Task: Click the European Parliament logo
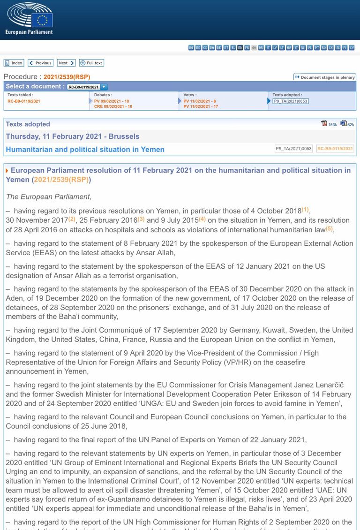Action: click(29, 18)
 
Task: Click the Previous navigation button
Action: click(40, 63)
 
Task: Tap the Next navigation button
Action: click(66, 63)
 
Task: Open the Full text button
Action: click(91, 63)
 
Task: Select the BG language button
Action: click(191, 47)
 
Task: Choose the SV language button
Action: click(352, 47)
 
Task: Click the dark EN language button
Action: click(240, 47)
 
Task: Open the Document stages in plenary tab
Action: click(325, 77)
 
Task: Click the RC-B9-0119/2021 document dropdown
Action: click(88, 87)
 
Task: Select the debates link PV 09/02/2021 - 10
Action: click(112, 101)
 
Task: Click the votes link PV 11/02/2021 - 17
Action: click(201, 106)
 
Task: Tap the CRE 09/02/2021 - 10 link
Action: click(113, 106)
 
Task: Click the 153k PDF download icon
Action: click(324, 123)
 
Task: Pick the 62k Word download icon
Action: click(344, 123)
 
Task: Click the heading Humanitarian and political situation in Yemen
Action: click(85, 150)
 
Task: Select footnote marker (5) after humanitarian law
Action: click(329, 228)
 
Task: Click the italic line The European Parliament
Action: click(49, 197)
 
